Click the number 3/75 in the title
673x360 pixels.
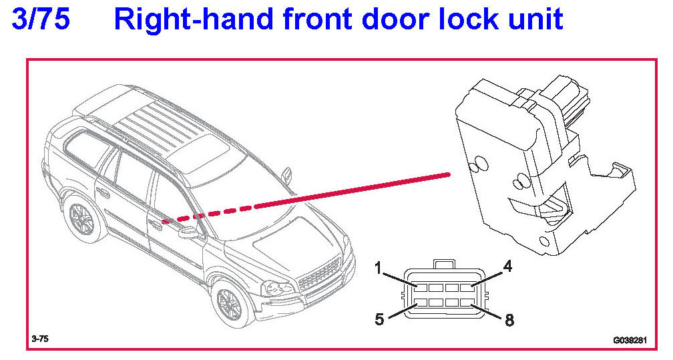coord(41,19)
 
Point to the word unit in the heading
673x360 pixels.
coord(535,19)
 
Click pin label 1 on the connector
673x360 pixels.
coord(378,268)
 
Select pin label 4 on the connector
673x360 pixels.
coord(507,266)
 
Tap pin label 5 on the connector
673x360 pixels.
coord(379,320)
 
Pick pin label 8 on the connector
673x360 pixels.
coord(509,320)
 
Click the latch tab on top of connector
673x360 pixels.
coord(444,264)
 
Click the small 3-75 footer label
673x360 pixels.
coord(40,339)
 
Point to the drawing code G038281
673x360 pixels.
coord(630,341)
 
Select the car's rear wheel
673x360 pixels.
coord(81,218)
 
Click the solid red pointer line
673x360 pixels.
coord(353,190)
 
